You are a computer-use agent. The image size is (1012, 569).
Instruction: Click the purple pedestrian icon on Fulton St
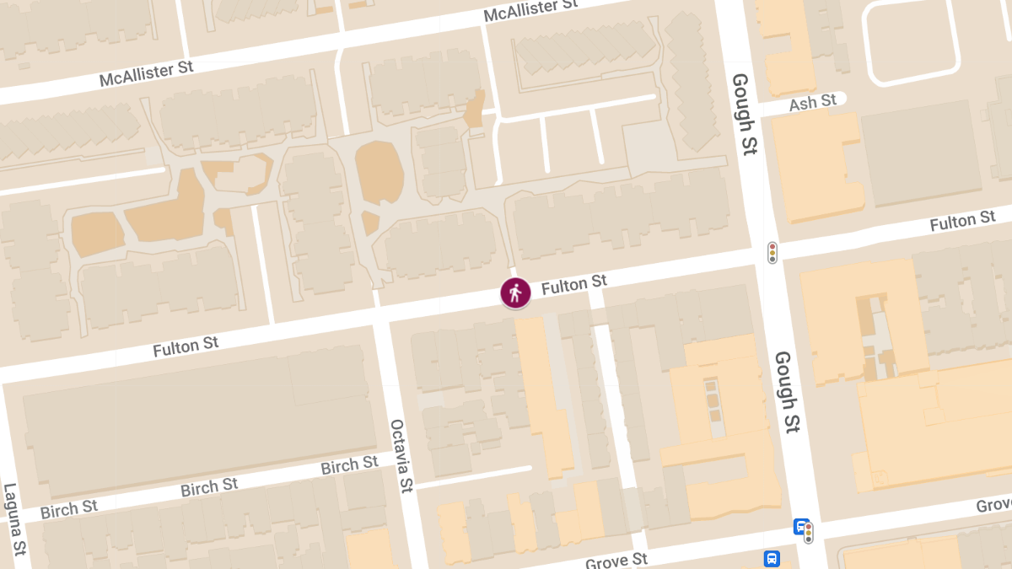tap(515, 293)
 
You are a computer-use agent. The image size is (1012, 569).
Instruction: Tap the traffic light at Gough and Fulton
tap(772, 252)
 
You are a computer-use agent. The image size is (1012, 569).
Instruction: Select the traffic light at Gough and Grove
tap(809, 533)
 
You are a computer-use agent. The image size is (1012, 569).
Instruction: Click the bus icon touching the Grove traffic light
tap(799, 526)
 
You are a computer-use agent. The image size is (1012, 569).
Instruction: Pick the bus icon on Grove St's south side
tap(771, 558)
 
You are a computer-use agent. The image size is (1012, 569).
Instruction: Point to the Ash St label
tap(813, 102)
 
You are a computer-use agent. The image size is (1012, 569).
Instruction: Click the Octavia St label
tap(401, 455)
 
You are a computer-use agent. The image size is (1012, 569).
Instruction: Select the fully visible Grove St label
tap(617, 560)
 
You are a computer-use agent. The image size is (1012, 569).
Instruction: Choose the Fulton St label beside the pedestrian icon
tap(574, 285)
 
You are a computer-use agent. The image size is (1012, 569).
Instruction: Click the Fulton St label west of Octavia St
tap(186, 346)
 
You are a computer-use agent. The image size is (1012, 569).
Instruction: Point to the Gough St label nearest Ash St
tap(743, 114)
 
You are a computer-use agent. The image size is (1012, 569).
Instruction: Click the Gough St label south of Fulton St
tap(786, 392)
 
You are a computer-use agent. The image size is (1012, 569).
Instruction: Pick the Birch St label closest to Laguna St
tap(69, 509)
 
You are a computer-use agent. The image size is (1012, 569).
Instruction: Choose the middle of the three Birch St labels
tap(209, 487)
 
